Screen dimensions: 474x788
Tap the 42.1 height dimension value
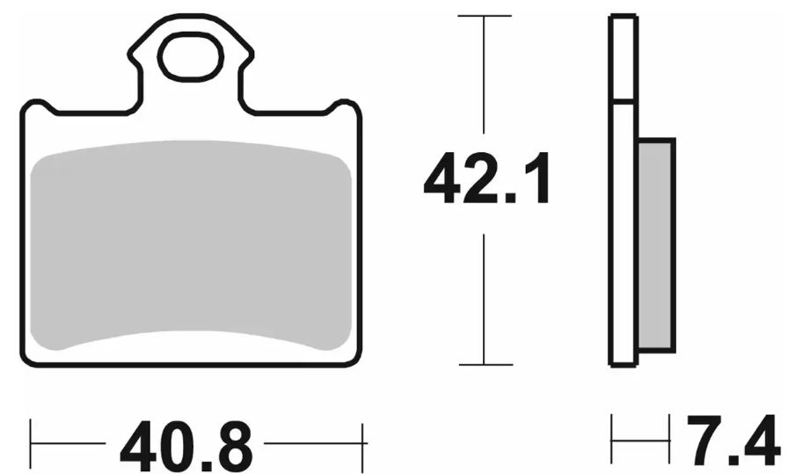(x=486, y=179)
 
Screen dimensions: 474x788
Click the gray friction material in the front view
(x=189, y=246)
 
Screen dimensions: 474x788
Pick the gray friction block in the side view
(x=655, y=246)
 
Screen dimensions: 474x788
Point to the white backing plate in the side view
(x=623, y=229)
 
